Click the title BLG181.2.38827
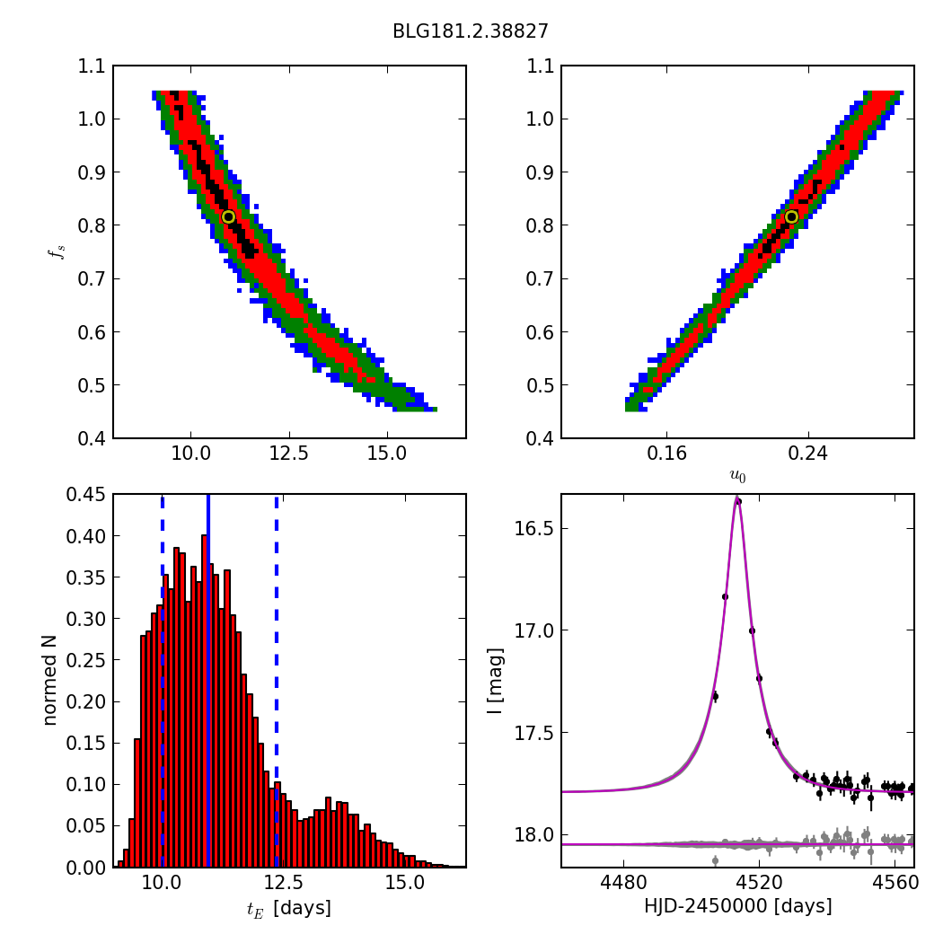click(x=470, y=31)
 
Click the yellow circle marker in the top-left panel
click(x=228, y=216)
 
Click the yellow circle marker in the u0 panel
click(x=791, y=216)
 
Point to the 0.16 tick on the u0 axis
click(x=666, y=454)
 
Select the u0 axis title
click(x=737, y=476)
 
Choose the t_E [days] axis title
click(x=288, y=908)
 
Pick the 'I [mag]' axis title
click(x=495, y=680)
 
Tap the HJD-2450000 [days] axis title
click(x=737, y=906)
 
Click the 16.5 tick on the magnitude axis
click(x=535, y=528)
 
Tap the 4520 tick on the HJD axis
click(x=759, y=884)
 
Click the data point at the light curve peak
click(x=738, y=501)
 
